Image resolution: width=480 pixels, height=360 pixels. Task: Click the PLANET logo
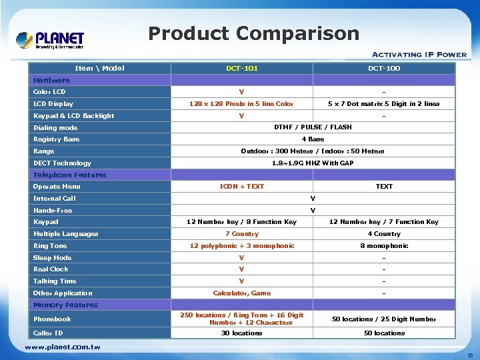pos(50,40)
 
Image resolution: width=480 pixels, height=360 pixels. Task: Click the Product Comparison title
pos(253,33)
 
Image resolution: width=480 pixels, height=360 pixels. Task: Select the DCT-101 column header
pos(241,68)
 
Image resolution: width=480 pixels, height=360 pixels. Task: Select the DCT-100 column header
pos(384,68)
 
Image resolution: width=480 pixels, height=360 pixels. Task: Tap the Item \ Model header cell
pos(99,68)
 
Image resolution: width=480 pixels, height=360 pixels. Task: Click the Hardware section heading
pos(51,80)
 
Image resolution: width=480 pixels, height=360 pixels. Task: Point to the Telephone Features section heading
pos(70,175)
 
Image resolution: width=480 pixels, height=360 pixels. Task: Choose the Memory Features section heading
pos(65,305)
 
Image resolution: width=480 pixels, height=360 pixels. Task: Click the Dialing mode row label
pos(55,127)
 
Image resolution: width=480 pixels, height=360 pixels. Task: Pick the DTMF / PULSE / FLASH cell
pos(313,127)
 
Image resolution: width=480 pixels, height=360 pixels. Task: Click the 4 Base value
pos(313,139)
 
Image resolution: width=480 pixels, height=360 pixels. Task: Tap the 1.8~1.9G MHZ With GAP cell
pos(313,163)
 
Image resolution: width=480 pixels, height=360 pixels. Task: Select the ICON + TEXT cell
pos(241,187)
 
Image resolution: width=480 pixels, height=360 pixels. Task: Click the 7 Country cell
pos(241,234)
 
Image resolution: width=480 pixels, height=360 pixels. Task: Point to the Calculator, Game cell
pos(241,293)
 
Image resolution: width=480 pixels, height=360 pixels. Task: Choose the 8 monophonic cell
pos(384,246)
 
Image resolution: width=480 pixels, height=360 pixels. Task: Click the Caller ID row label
pos(48,333)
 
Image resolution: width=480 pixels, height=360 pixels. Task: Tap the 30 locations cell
pos(241,333)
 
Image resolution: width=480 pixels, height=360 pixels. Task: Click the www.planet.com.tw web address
pos(63,347)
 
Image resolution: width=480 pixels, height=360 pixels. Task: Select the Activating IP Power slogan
pos(419,55)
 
